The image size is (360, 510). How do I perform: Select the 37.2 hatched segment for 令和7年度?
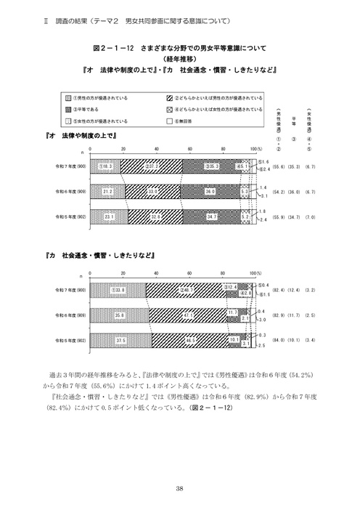point(152,166)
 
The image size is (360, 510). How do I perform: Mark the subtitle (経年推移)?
point(179,60)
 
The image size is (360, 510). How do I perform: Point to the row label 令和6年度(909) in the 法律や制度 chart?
point(71,192)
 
